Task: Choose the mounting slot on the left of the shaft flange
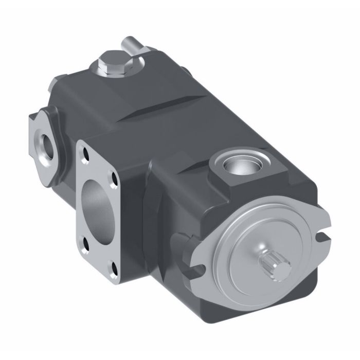(196, 267)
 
